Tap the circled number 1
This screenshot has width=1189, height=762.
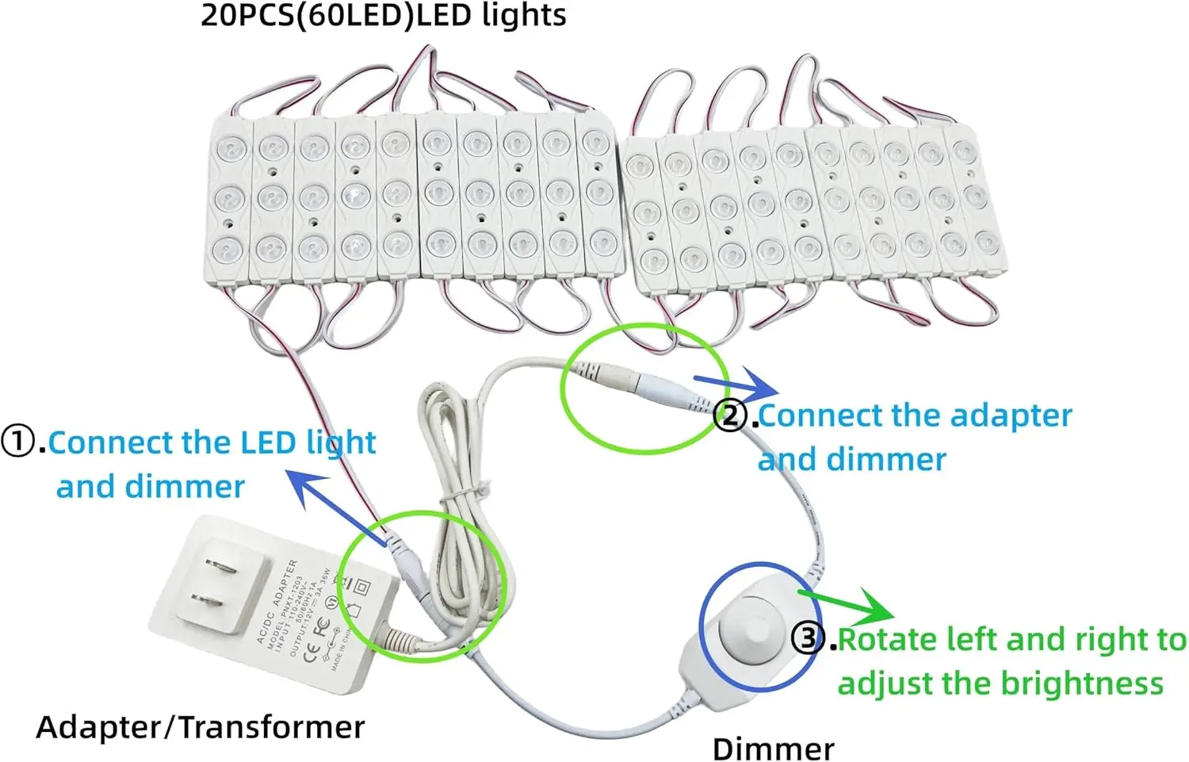(x=18, y=442)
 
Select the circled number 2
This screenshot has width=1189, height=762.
(x=731, y=415)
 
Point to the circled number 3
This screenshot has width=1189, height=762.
(x=809, y=638)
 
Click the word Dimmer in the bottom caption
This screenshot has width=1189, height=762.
(x=773, y=748)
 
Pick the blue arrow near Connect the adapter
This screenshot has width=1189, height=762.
(x=736, y=387)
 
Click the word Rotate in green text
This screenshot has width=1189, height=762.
(x=887, y=639)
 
